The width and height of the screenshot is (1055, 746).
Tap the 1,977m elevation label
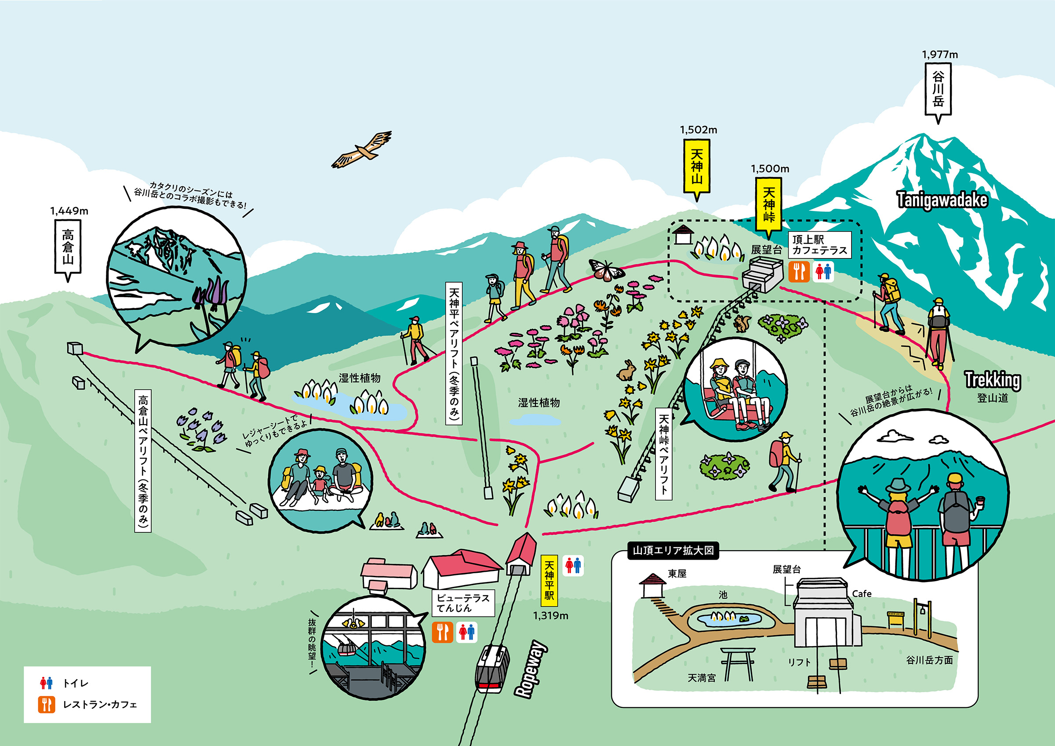[x=940, y=55]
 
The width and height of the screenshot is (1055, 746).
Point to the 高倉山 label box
[x=68, y=249]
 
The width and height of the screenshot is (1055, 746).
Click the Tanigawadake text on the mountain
[x=942, y=200]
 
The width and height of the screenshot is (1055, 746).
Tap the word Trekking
[x=993, y=380]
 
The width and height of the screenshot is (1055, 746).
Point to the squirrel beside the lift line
[x=741, y=323]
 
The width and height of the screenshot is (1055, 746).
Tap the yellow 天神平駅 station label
[x=549, y=581]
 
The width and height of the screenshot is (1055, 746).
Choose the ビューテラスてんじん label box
[x=463, y=603]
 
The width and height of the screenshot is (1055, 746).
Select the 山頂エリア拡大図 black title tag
[x=673, y=550]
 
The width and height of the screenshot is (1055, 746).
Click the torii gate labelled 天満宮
[x=738, y=664]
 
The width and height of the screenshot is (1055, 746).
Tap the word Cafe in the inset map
[x=862, y=594]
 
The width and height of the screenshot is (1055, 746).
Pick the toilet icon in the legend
[x=47, y=683]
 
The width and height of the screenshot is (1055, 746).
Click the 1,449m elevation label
[x=69, y=211]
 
